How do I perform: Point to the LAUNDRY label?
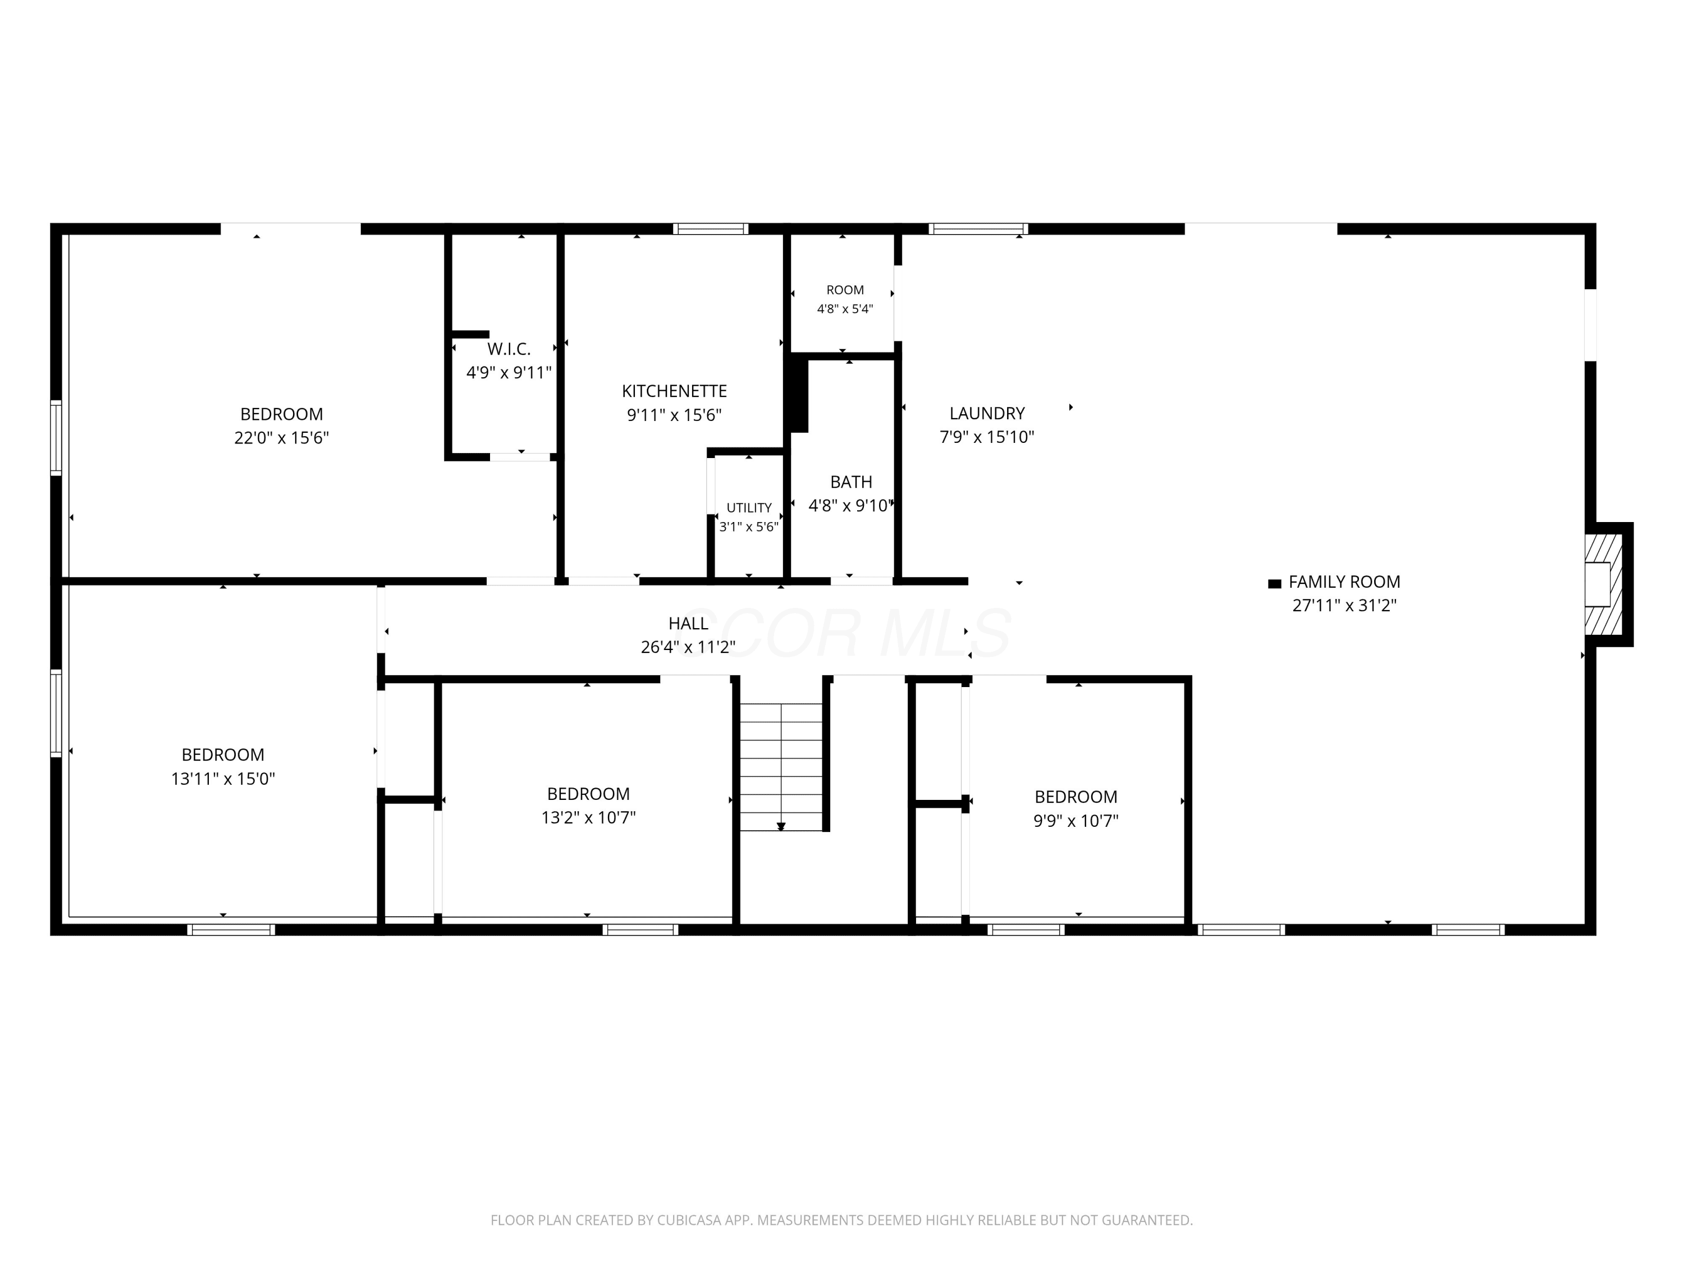coord(987,413)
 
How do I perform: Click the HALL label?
coord(688,624)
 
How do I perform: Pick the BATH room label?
coord(851,482)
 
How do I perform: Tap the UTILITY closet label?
coord(749,508)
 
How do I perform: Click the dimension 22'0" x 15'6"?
coord(282,438)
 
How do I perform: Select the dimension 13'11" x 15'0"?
coord(223,779)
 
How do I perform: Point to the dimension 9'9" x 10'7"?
coord(1076,821)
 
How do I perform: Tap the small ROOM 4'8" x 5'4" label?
coord(845,299)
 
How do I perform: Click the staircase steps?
coord(781,767)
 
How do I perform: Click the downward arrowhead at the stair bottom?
coord(781,826)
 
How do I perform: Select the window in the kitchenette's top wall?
coord(710,228)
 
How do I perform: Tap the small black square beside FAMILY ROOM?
coord(1274,584)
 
